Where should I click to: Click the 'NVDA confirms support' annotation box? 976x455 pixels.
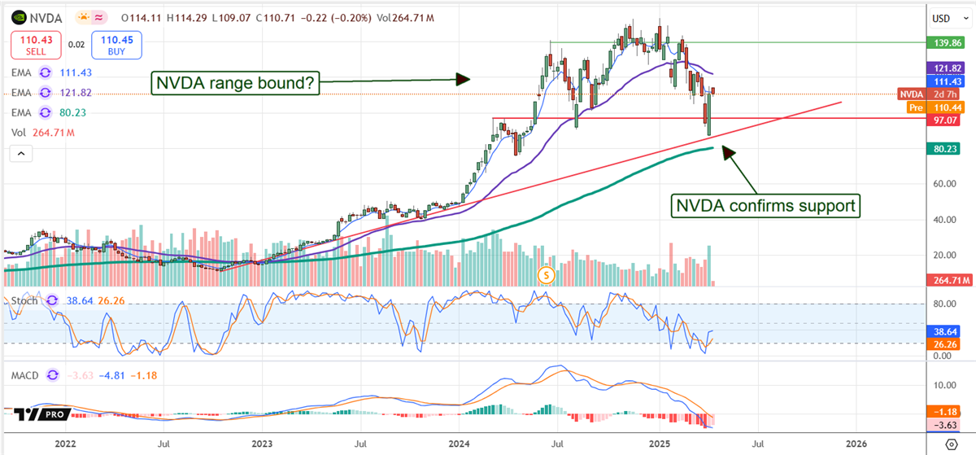coord(765,206)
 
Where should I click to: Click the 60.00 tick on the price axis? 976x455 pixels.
coord(943,184)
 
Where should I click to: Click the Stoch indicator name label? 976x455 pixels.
coord(24,300)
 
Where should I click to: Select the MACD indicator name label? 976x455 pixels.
coord(26,375)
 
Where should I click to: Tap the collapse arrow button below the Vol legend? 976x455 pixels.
coord(20,153)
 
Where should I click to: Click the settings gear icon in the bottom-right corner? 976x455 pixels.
coord(951,444)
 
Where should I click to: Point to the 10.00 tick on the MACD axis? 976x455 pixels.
coord(943,385)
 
